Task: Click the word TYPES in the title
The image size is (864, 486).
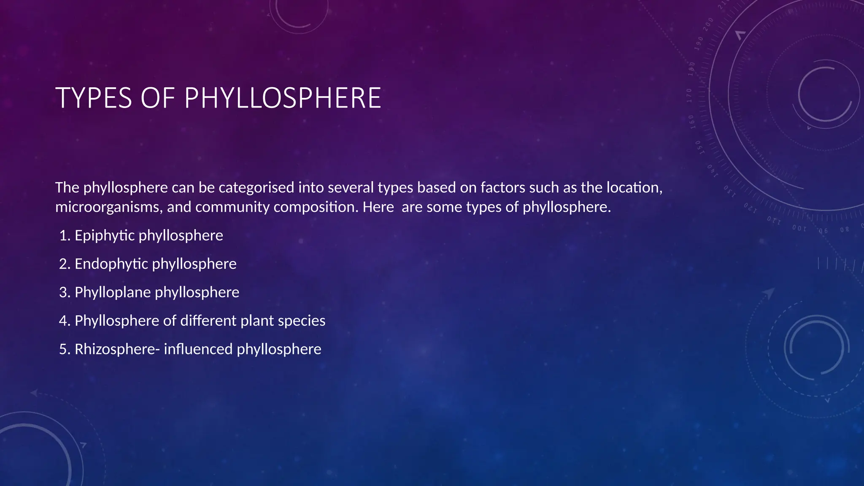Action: pos(94,98)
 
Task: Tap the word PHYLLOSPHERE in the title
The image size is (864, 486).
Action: pos(283,98)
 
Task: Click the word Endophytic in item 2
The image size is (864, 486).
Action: pos(111,264)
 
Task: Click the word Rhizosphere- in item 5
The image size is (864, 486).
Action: pos(117,349)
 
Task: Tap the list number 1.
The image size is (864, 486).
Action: pos(65,235)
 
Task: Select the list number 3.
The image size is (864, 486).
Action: pos(65,292)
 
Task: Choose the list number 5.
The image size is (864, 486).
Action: pos(65,349)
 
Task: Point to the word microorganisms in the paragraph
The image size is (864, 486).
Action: pos(109,207)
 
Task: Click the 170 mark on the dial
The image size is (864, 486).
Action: pos(689,96)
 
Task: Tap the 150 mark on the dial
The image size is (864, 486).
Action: pos(699,147)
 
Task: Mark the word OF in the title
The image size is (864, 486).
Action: pos(158,98)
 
